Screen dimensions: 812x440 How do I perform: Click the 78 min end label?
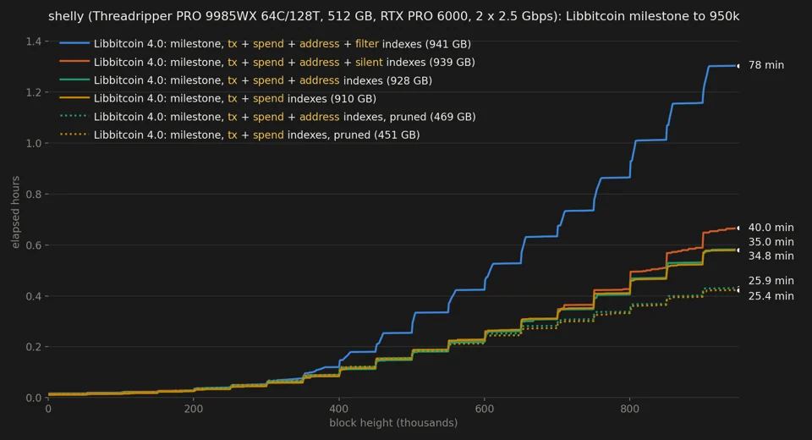[x=766, y=65]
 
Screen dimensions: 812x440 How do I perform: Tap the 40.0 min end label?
[x=771, y=228]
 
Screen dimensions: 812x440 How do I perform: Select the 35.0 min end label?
[x=771, y=242]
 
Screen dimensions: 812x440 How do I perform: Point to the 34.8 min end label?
[x=771, y=256]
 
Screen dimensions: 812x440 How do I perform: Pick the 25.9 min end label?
[x=771, y=281]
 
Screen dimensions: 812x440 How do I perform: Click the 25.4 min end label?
[x=771, y=296]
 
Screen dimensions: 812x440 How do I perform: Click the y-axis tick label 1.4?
[x=34, y=41]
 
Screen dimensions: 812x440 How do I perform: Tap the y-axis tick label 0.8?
[x=34, y=195]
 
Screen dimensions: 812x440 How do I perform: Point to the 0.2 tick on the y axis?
[x=34, y=347]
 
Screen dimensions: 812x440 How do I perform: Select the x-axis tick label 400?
[x=339, y=409]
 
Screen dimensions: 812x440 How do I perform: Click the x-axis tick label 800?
[x=629, y=409]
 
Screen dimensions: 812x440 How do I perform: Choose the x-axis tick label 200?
[x=194, y=409]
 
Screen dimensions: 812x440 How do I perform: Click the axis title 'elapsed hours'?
[x=15, y=212]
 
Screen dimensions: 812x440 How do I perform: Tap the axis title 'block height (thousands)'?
[x=393, y=423]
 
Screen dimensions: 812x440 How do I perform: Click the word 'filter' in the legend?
[x=366, y=44]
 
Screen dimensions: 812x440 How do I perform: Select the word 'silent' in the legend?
[x=369, y=62]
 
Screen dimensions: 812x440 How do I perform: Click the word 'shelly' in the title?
[x=66, y=17]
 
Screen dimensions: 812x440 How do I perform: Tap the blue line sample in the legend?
[x=74, y=43]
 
